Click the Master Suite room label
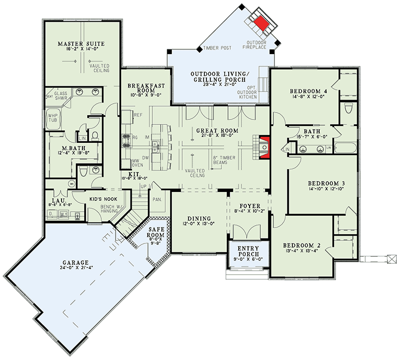click(80, 44)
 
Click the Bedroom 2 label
click(302, 245)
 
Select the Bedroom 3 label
click(326, 182)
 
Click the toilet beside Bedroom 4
click(348, 108)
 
